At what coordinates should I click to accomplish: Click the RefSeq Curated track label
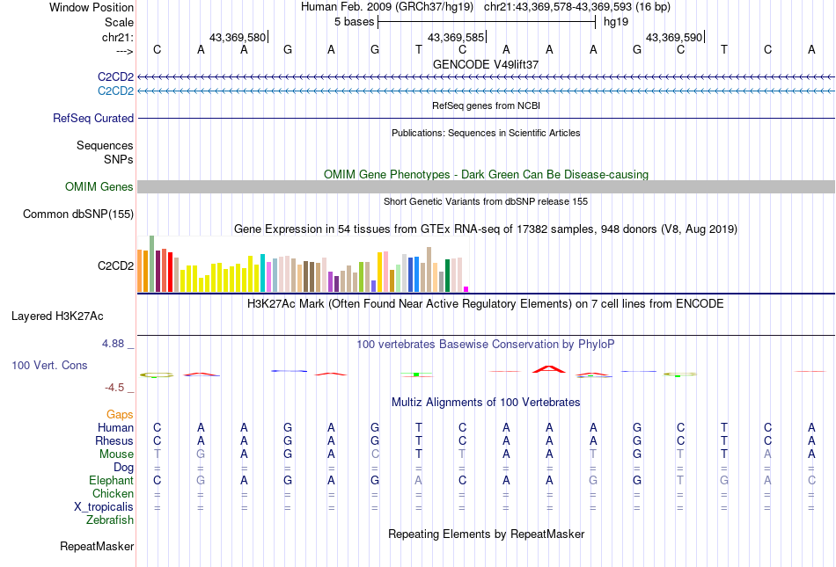pyautogui.click(x=93, y=118)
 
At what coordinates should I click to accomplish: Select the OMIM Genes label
pyautogui.click(x=99, y=186)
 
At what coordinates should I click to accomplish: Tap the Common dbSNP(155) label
pyautogui.click(x=78, y=214)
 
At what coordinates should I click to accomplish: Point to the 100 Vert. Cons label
pyautogui.click(x=49, y=365)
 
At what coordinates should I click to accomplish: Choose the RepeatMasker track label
pyautogui.click(x=97, y=546)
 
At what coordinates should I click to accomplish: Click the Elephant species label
pyautogui.click(x=111, y=480)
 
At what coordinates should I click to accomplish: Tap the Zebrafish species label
pyautogui.click(x=110, y=520)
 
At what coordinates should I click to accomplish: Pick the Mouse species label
pyautogui.click(x=117, y=454)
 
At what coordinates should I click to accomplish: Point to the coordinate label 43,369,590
pyautogui.click(x=674, y=38)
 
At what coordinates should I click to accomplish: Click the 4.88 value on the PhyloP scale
pyautogui.click(x=117, y=344)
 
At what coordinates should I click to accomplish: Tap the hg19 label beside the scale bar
pyautogui.click(x=615, y=21)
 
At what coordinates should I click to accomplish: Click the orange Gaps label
pyautogui.click(x=120, y=413)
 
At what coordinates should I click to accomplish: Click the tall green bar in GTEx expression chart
pyautogui.click(x=151, y=263)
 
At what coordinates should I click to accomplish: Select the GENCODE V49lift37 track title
pyautogui.click(x=486, y=64)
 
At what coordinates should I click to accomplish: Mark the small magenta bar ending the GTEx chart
pyautogui.click(x=466, y=288)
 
